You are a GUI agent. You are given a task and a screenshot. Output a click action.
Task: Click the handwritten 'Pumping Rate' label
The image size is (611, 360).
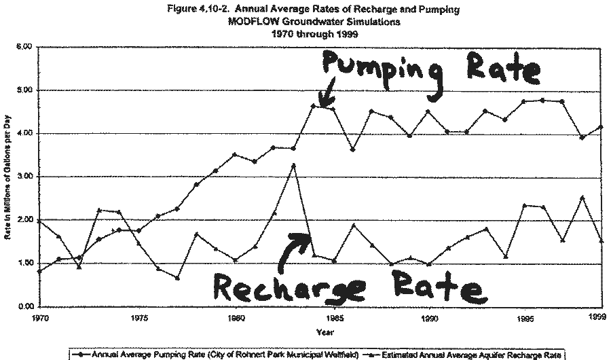[430, 68]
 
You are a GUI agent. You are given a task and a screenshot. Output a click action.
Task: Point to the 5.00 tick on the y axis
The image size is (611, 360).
[24, 90]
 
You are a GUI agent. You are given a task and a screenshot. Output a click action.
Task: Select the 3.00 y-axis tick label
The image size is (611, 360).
[24, 177]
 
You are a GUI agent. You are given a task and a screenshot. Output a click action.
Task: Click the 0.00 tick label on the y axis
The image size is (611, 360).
[24, 306]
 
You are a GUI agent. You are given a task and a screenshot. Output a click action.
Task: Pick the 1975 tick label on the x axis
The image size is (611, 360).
[139, 317]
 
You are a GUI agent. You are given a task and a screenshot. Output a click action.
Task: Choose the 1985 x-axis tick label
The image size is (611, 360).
[333, 317]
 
